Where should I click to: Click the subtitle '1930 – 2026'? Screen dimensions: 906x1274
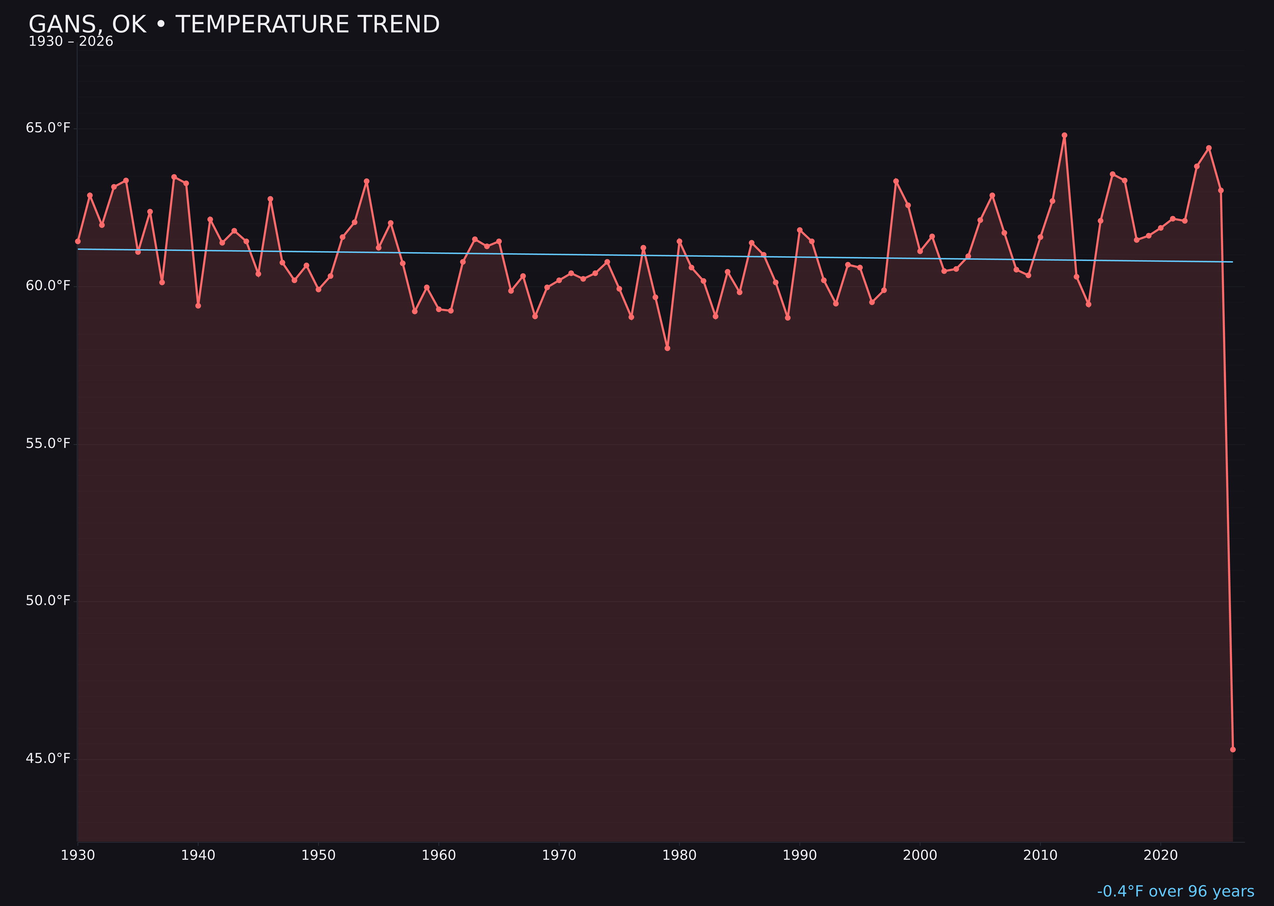pyautogui.click(x=71, y=42)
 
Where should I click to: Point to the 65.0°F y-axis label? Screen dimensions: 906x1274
pyautogui.click(x=48, y=128)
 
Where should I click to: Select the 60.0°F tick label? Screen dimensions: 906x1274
pyautogui.click(x=48, y=286)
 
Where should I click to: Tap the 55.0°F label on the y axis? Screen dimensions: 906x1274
pyautogui.click(x=48, y=443)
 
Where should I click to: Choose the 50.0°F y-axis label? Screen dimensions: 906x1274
pyautogui.click(x=48, y=601)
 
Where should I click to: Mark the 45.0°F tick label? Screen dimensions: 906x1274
pyautogui.click(x=48, y=759)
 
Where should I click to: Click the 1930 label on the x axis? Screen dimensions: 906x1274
pyautogui.click(x=77, y=855)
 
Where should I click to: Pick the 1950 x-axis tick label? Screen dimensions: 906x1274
pyautogui.click(x=318, y=855)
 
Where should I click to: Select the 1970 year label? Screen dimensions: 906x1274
pyautogui.click(x=559, y=855)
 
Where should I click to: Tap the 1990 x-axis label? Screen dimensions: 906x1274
pyautogui.click(x=799, y=855)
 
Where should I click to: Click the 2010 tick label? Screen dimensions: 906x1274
pyautogui.click(x=1040, y=855)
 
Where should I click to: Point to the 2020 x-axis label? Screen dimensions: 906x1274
pyautogui.click(x=1161, y=855)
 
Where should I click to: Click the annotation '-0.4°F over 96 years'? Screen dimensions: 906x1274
pyautogui.click(x=1175, y=891)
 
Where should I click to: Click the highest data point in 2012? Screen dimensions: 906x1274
pyautogui.click(x=1064, y=135)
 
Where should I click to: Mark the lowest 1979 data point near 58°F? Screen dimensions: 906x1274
pyautogui.click(x=667, y=348)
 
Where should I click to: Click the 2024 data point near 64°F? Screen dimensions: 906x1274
pyautogui.click(x=1209, y=148)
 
